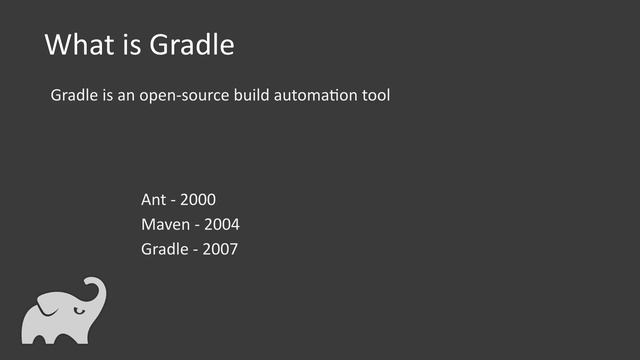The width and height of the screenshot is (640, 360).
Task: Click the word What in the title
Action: click(x=78, y=46)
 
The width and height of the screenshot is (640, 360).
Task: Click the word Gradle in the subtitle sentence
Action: click(x=74, y=97)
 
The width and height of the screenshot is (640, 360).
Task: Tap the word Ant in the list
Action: click(x=154, y=200)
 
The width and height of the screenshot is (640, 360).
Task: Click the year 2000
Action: click(x=198, y=200)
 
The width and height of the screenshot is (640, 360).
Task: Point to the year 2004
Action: click(x=221, y=224)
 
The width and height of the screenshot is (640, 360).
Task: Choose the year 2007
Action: click(x=220, y=249)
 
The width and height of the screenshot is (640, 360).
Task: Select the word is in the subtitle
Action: click(x=107, y=97)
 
